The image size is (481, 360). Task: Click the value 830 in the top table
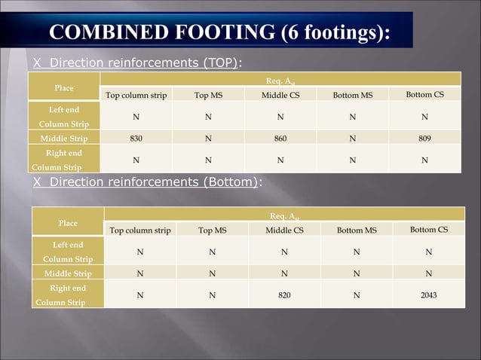(136, 139)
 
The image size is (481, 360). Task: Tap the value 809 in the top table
(424, 139)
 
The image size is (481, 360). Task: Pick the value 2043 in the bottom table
(428, 295)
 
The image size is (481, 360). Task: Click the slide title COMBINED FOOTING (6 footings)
(219, 33)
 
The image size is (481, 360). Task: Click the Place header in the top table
(64, 88)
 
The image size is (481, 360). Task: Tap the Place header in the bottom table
(68, 223)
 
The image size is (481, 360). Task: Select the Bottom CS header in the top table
(424, 95)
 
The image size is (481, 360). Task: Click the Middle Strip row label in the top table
(64, 139)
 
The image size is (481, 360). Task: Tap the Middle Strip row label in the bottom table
(68, 273)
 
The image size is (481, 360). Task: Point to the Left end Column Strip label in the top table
(64, 117)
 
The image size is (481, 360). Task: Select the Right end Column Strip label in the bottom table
(68, 295)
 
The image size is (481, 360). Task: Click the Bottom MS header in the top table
(354, 96)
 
